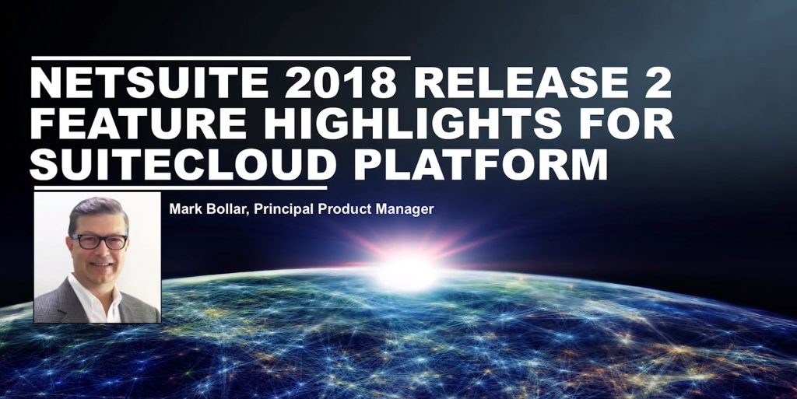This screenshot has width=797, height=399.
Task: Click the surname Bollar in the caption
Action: tap(222, 209)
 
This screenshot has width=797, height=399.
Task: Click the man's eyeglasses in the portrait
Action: tap(99, 242)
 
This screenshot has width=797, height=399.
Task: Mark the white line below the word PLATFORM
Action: tap(179, 187)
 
